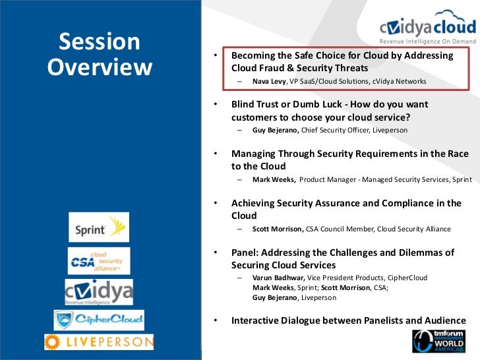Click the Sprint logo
pos(99,227)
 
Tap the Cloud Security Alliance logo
pos(99,261)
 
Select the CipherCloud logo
pos(99,320)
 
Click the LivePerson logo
pos(99,342)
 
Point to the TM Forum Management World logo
pos(438,341)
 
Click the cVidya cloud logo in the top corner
pos(428,27)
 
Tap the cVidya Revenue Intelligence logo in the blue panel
pos(99,292)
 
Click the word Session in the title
pos(100,42)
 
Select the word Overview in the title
pos(100,67)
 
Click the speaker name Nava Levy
pos(269,82)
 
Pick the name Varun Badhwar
pos(278,278)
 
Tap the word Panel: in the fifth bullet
pos(245,253)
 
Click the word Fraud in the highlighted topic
pos(272,68)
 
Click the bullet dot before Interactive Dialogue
pos(216,320)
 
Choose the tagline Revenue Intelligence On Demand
pos(428,42)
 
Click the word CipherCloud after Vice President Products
pos(407,278)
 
